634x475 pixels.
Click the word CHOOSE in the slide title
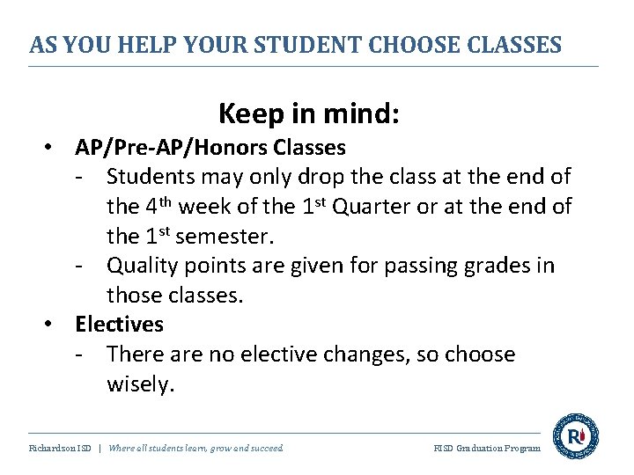[413, 45]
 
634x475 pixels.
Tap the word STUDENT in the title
[297, 45]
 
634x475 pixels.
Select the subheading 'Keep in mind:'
[308, 113]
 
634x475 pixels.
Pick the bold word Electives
[119, 325]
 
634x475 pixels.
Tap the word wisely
[140, 384]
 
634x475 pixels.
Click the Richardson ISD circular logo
[575, 436]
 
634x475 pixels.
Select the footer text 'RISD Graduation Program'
[487, 449]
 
